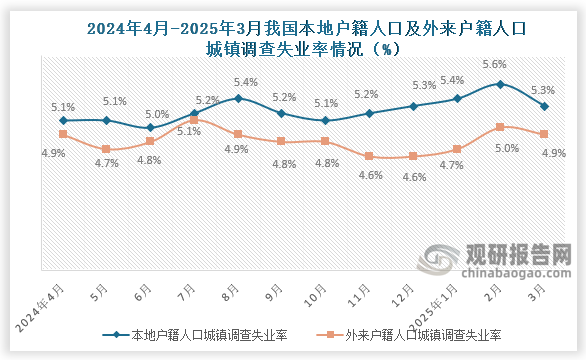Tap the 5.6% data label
(494, 64)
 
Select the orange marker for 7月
(194, 120)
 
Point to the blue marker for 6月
(150, 127)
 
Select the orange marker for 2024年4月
(63, 134)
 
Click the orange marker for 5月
(106, 149)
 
